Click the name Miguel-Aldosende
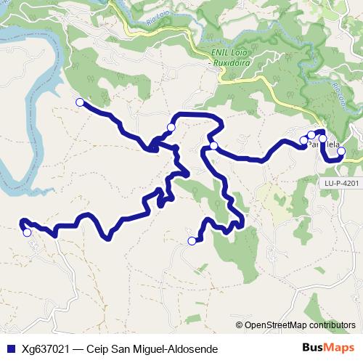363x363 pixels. (x=177, y=349)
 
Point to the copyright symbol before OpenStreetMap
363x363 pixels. (x=240, y=325)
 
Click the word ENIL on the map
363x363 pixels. (x=219, y=53)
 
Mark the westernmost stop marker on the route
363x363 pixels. (x=27, y=232)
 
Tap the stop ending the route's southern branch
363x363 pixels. (x=192, y=241)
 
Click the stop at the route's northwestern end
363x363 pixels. (x=80, y=102)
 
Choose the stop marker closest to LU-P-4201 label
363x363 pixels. (x=340, y=152)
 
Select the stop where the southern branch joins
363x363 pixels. (x=214, y=146)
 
